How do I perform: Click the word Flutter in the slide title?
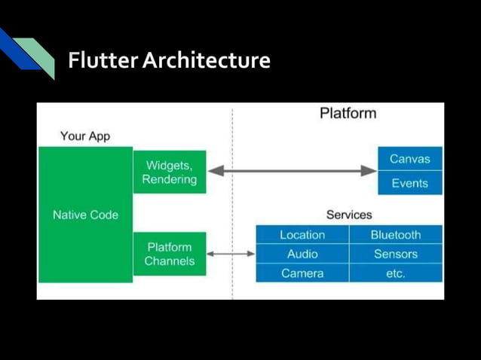103,59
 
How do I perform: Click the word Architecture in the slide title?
207,59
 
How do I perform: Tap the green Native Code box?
86,215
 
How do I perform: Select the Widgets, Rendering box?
170,172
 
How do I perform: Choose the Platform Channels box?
170,254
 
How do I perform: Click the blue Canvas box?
410,159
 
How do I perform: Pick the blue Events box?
410,183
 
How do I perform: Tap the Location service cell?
302,235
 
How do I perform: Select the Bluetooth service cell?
396,235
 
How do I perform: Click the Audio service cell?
302,254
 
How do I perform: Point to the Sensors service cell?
396,254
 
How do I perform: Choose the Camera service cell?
302,273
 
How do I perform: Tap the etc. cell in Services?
396,273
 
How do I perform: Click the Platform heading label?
348,114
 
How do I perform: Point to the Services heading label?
349,215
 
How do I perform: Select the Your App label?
85,136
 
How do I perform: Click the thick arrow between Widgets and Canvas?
292,171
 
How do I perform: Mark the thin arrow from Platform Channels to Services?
231,254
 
